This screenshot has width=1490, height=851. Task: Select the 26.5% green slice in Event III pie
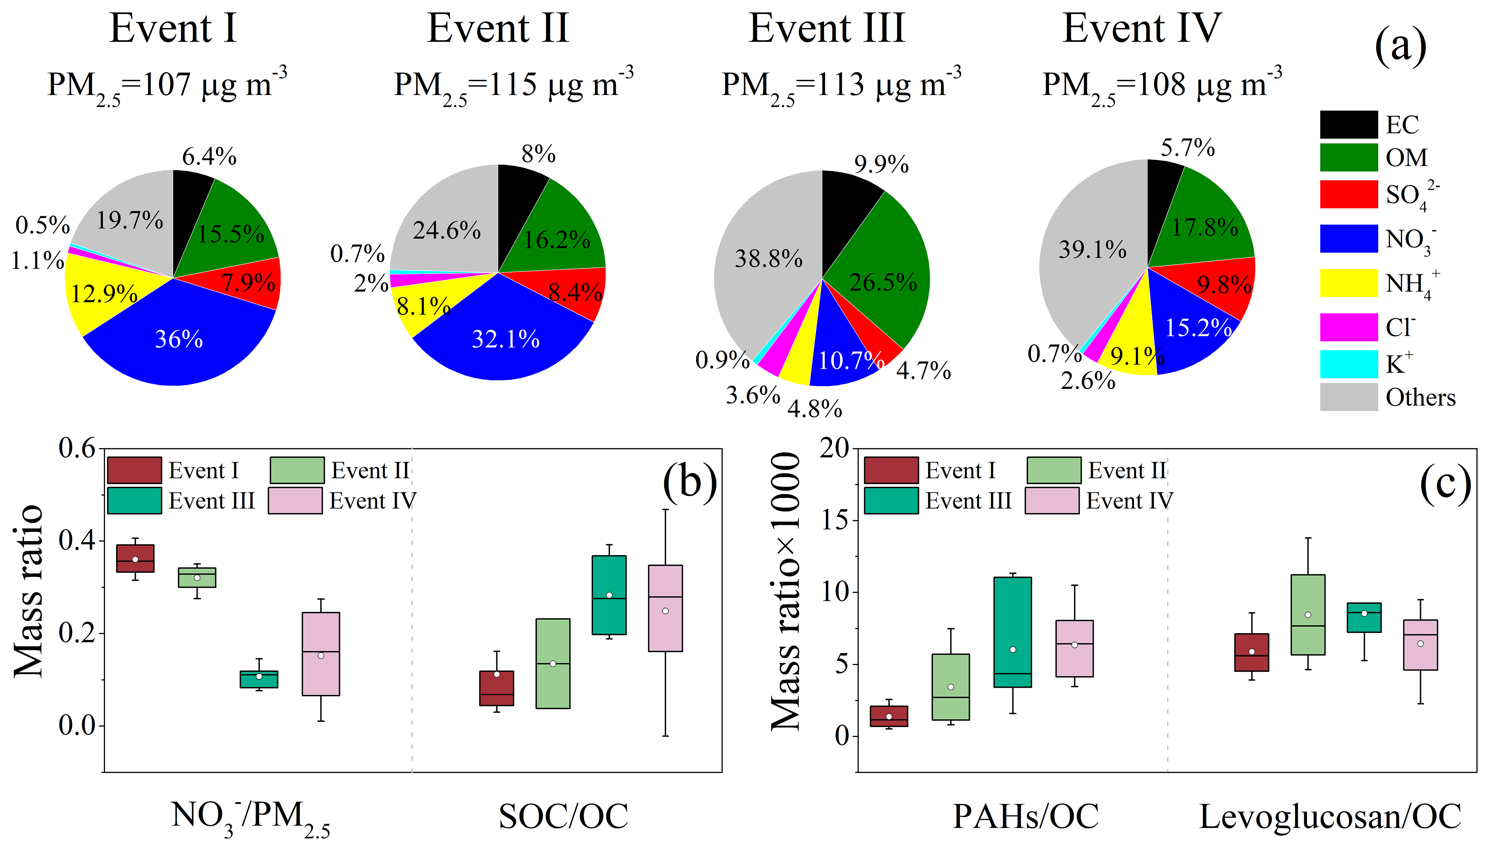pyautogui.click(x=883, y=275)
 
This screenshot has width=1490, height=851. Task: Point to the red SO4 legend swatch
pyautogui.click(x=1348, y=194)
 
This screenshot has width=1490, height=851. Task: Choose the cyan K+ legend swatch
pyautogui.click(x=1348, y=364)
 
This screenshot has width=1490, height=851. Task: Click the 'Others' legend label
pyautogui.click(x=1420, y=397)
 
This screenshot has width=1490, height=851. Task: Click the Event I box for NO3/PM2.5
pyautogui.click(x=135, y=558)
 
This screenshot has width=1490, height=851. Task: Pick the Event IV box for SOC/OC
pyautogui.click(x=665, y=608)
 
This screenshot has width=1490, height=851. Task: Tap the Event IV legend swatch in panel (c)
pyautogui.click(x=1052, y=500)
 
